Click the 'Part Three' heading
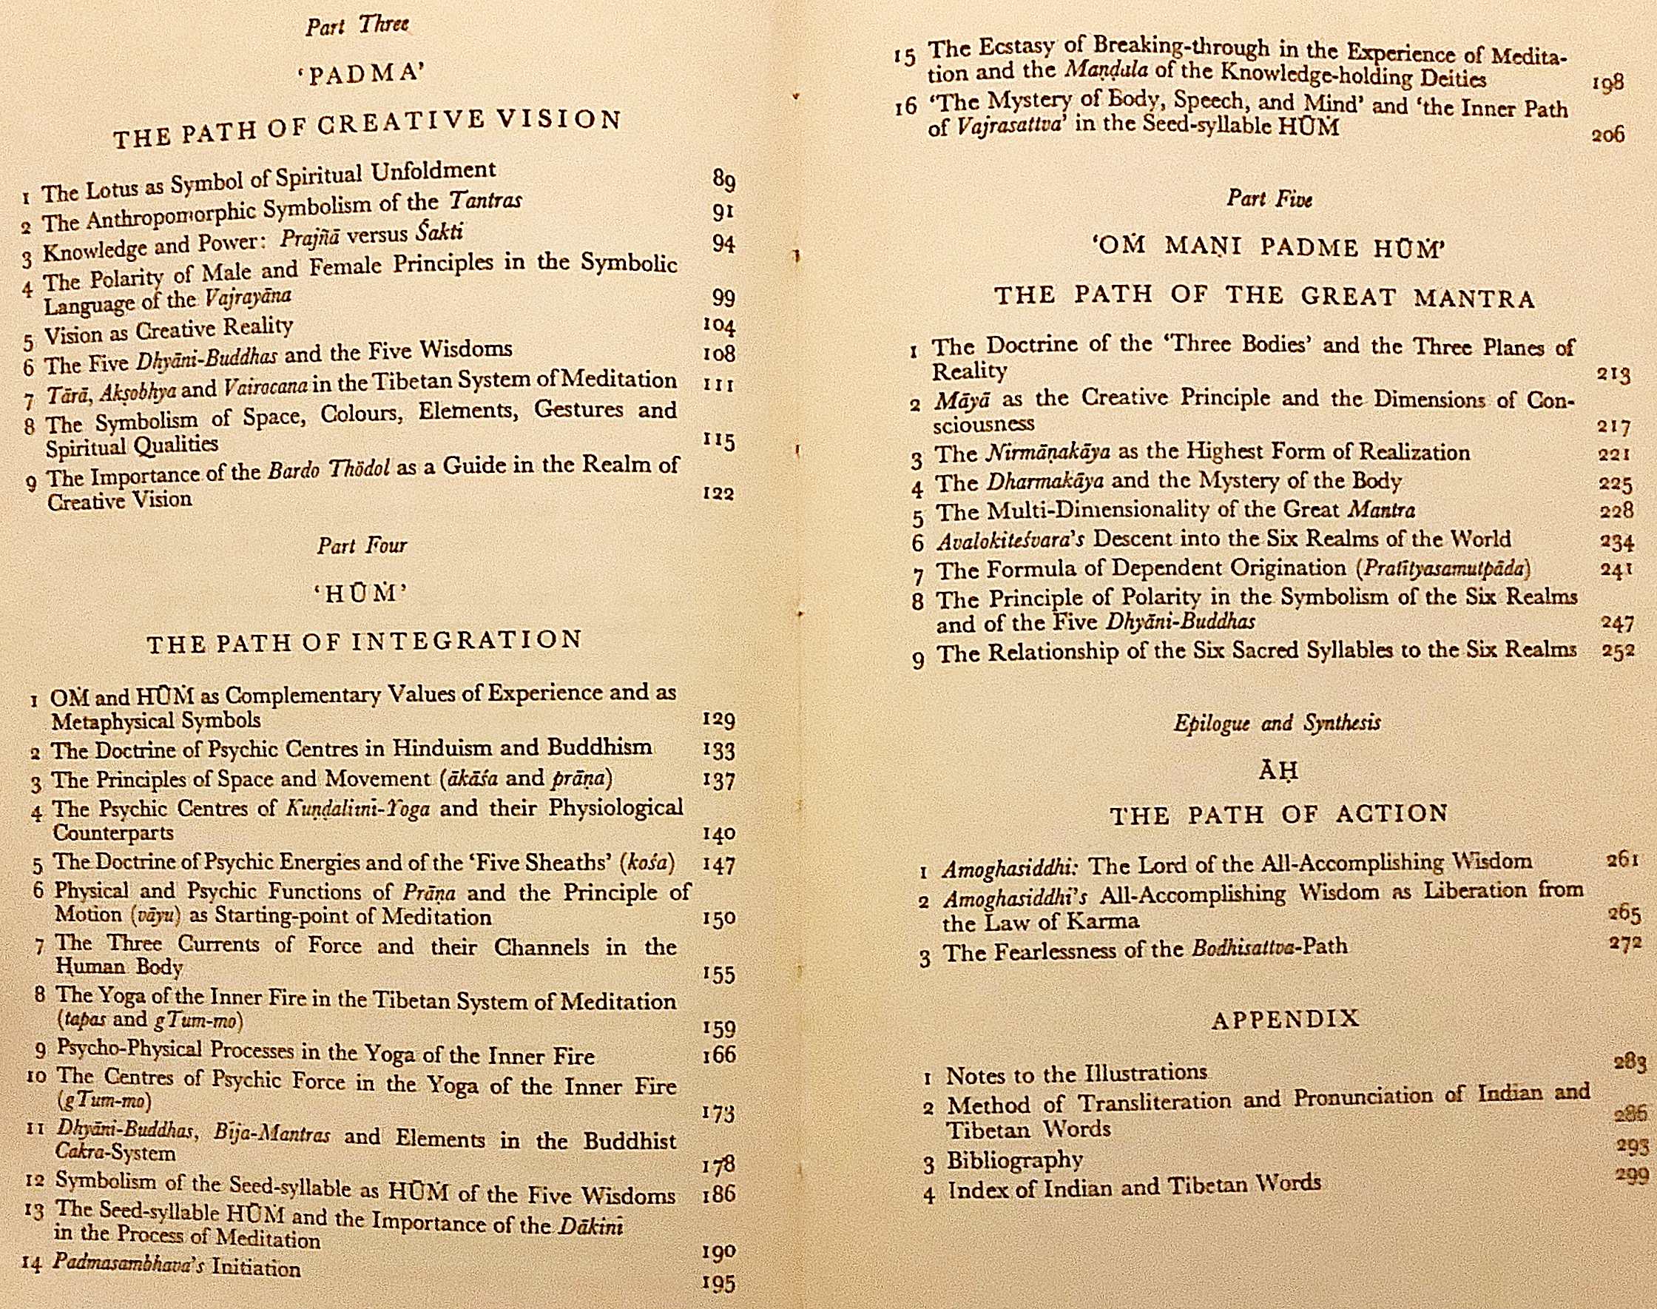tap(357, 25)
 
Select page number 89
tap(724, 180)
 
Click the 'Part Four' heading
tap(362, 545)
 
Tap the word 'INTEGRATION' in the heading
tap(468, 641)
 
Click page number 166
tap(719, 1055)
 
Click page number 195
tap(718, 1284)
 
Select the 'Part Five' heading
tap(1269, 198)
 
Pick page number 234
tap(1617, 542)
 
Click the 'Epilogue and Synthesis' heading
tap(1277, 723)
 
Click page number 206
tap(1607, 135)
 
